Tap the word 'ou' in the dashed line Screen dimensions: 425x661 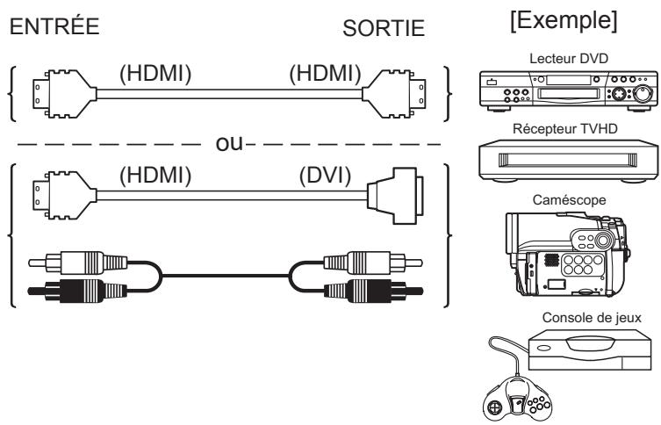point(231,141)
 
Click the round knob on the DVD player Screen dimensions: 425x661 point(643,93)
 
